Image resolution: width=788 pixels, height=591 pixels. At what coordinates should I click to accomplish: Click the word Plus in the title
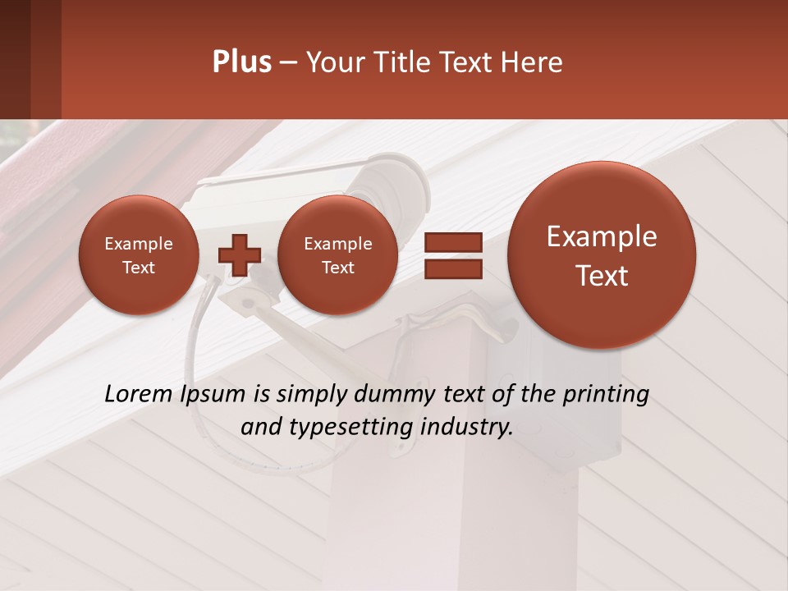tap(241, 62)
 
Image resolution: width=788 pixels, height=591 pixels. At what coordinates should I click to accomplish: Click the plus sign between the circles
tap(239, 255)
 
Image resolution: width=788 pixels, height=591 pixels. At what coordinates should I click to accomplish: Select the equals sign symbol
tap(452, 255)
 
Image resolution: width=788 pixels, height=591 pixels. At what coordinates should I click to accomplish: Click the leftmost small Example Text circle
tap(138, 255)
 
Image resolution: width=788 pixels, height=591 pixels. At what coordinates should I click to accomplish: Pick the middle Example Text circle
tap(337, 255)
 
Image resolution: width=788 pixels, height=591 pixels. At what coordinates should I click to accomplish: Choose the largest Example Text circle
tap(602, 255)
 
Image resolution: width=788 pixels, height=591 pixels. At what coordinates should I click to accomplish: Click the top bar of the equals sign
tap(452, 242)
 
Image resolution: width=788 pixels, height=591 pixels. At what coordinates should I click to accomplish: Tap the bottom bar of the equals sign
tap(452, 268)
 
